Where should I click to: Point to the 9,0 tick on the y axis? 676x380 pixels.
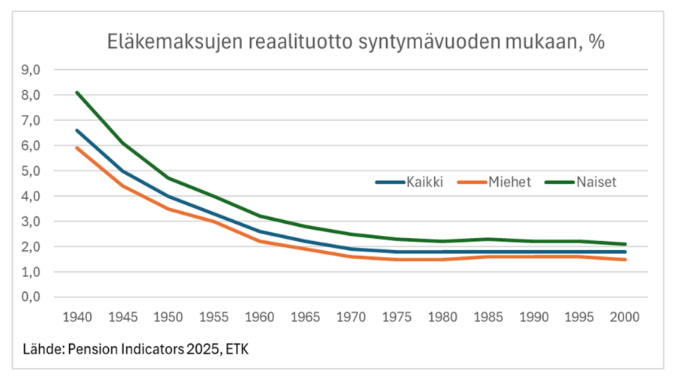pyautogui.click(x=30, y=70)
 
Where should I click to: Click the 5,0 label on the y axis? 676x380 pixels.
pyautogui.click(x=30, y=170)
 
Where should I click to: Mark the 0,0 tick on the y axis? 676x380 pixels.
pyautogui.click(x=30, y=297)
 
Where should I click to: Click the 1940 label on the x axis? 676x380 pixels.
pyautogui.click(x=78, y=317)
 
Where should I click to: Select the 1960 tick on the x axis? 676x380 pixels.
pyautogui.click(x=260, y=317)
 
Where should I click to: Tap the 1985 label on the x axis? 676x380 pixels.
pyautogui.click(x=488, y=317)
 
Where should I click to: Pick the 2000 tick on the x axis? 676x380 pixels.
pyautogui.click(x=625, y=317)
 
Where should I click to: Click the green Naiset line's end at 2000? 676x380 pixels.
pyautogui.click(x=625, y=244)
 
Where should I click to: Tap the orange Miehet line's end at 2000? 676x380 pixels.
pyautogui.click(x=625, y=259)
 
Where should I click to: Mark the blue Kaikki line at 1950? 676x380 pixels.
pyautogui.click(x=169, y=196)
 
